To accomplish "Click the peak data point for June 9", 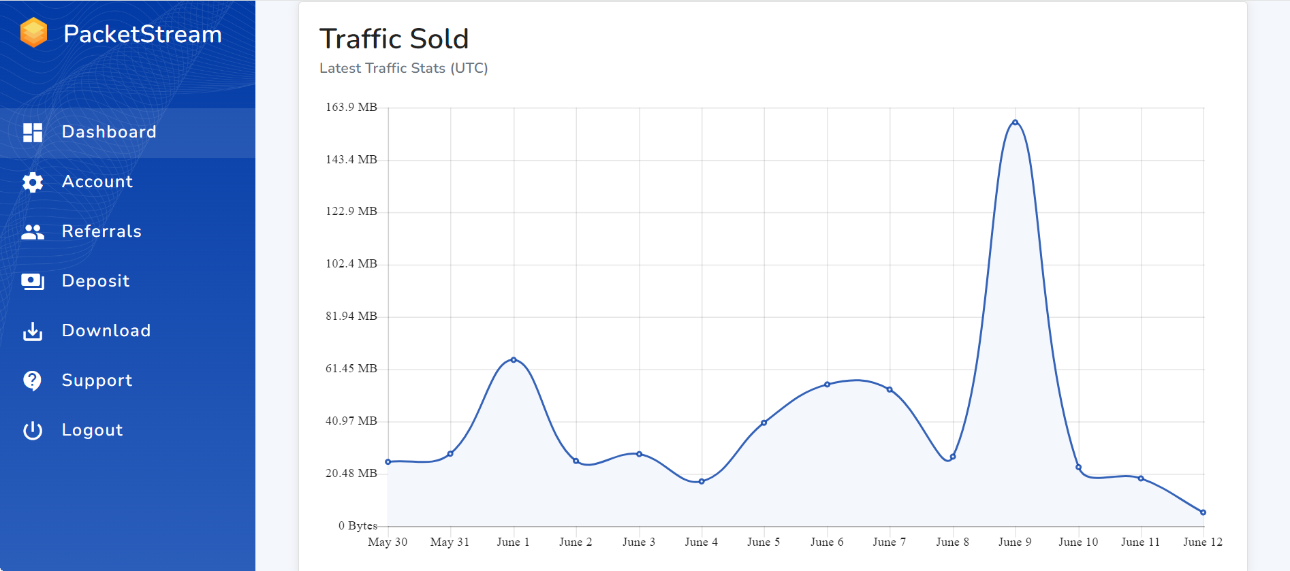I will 1015,123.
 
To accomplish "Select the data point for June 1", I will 514,359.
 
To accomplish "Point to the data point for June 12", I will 1203,512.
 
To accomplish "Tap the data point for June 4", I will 702,481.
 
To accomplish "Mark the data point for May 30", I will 388,461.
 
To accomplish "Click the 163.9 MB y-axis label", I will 351,107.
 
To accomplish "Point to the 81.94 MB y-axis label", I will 351,316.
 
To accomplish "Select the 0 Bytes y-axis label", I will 358,525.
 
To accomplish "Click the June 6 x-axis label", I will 827,542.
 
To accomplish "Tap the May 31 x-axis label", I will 450,542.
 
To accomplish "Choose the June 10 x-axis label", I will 1078,542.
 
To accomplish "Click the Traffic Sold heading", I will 394,39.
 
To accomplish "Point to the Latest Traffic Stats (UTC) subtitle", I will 403,68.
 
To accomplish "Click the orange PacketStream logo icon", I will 33,33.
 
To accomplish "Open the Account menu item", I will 97,182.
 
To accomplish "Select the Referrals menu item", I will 101,231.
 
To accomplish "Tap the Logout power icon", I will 33,430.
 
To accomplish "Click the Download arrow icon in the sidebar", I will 33,331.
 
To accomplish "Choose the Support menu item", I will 97,380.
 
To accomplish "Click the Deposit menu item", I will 95,281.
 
